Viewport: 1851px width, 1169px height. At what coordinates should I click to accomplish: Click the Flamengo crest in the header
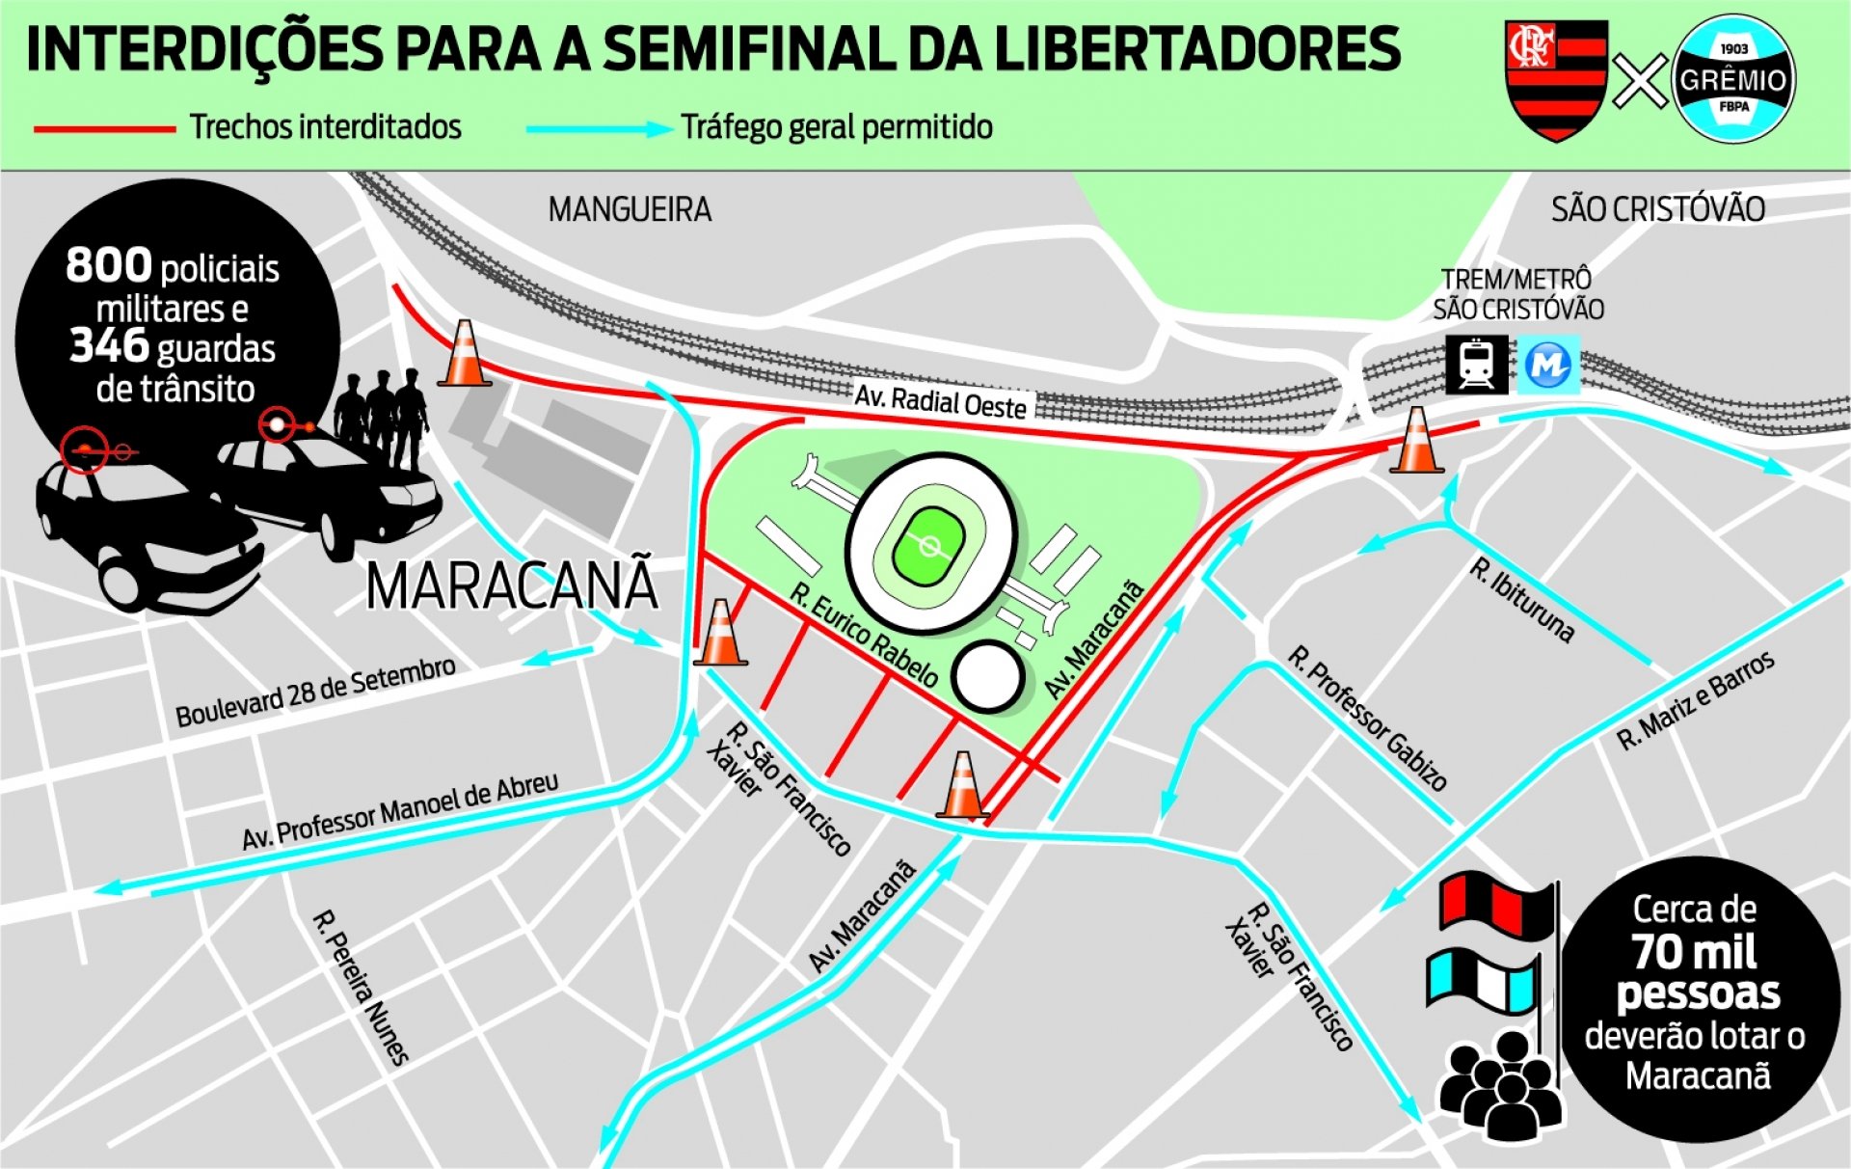pyautogui.click(x=1556, y=79)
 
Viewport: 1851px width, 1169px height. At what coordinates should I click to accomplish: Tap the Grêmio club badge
pyautogui.click(x=1733, y=79)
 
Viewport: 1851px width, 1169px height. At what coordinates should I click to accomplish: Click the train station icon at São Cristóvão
pyautogui.click(x=1476, y=364)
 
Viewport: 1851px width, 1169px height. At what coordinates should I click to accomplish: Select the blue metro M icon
pyautogui.click(x=1548, y=365)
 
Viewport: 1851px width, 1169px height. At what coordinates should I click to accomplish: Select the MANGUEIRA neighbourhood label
pyautogui.click(x=630, y=209)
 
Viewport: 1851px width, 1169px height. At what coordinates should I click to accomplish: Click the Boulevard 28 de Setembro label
pyautogui.click(x=315, y=692)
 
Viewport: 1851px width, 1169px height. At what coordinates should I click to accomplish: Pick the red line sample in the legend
pyautogui.click(x=104, y=128)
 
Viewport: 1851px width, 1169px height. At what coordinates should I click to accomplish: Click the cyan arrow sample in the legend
pyautogui.click(x=598, y=128)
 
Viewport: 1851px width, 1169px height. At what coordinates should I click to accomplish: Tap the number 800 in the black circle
pyautogui.click(x=108, y=265)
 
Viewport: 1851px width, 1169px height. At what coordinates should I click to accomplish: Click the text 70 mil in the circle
pyautogui.click(x=1695, y=952)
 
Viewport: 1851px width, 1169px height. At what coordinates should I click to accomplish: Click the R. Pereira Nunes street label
pyautogui.click(x=362, y=987)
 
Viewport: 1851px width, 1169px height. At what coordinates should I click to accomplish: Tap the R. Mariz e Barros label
pyautogui.click(x=1695, y=701)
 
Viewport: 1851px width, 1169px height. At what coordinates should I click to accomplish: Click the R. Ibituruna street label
pyautogui.click(x=1521, y=600)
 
